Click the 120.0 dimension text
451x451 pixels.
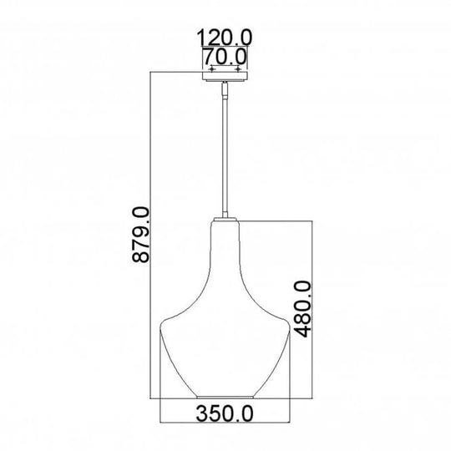225,37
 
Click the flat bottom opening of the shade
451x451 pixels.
225,396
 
